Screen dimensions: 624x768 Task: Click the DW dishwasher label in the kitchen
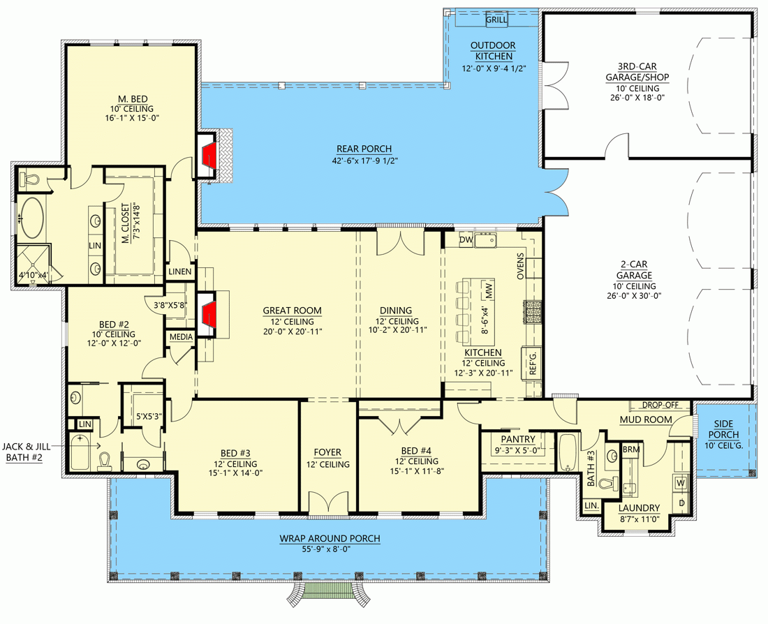(x=466, y=240)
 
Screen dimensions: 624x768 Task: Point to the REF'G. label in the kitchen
(x=533, y=362)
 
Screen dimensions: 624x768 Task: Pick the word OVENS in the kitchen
(x=520, y=265)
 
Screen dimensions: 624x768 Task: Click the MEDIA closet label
(x=180, y=337)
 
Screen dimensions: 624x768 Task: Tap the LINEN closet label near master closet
(x=180, y=271)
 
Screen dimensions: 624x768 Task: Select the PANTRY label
(x=517, y=439)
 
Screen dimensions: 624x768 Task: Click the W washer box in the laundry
(x=679, y=482)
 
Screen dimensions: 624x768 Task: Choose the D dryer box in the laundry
(x=679, y=502)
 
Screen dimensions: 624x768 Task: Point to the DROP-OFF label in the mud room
(x=660, y=405)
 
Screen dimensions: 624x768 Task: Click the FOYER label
(x=327, y=452)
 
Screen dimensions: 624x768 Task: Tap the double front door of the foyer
(x=327, y=504)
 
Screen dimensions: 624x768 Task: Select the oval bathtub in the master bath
(x=31, y=218)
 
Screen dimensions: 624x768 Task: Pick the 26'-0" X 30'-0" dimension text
(x=634, y=295)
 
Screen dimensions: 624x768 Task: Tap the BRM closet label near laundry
(x=630, y=449)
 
